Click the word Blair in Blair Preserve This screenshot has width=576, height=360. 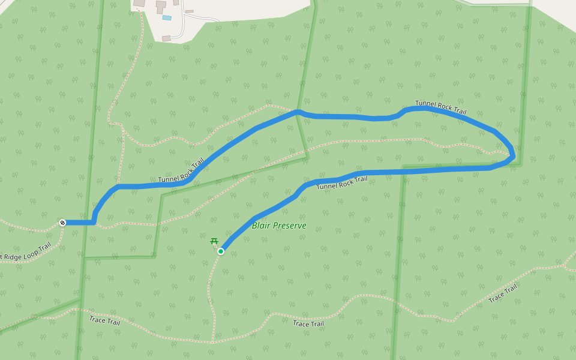[x=262, y=226]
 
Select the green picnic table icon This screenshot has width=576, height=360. [x=214, y=241]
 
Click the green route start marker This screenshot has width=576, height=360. [x=221, y=251]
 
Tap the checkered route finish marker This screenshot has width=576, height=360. [x=62, y=223]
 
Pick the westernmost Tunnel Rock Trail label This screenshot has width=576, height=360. [x=181, y=171]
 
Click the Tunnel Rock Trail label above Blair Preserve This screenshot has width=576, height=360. [x=341, y=182]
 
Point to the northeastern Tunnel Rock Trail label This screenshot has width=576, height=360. [x=440, y=107]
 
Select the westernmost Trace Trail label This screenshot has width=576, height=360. [x=104, y=320]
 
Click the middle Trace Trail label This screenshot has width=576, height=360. [x=308, y=324]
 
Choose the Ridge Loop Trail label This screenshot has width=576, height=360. [x=26, y=252]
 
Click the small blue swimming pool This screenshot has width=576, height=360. [x=166, y=18]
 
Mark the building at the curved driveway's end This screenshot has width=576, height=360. [x=166, y=38]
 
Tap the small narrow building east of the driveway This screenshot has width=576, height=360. [x=190, y=11]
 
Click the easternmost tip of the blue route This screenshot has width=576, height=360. [x=514, y=157]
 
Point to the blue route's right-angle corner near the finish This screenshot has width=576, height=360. [x=94, y=222]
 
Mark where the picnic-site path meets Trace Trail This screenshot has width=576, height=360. [x=213, y=342]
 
